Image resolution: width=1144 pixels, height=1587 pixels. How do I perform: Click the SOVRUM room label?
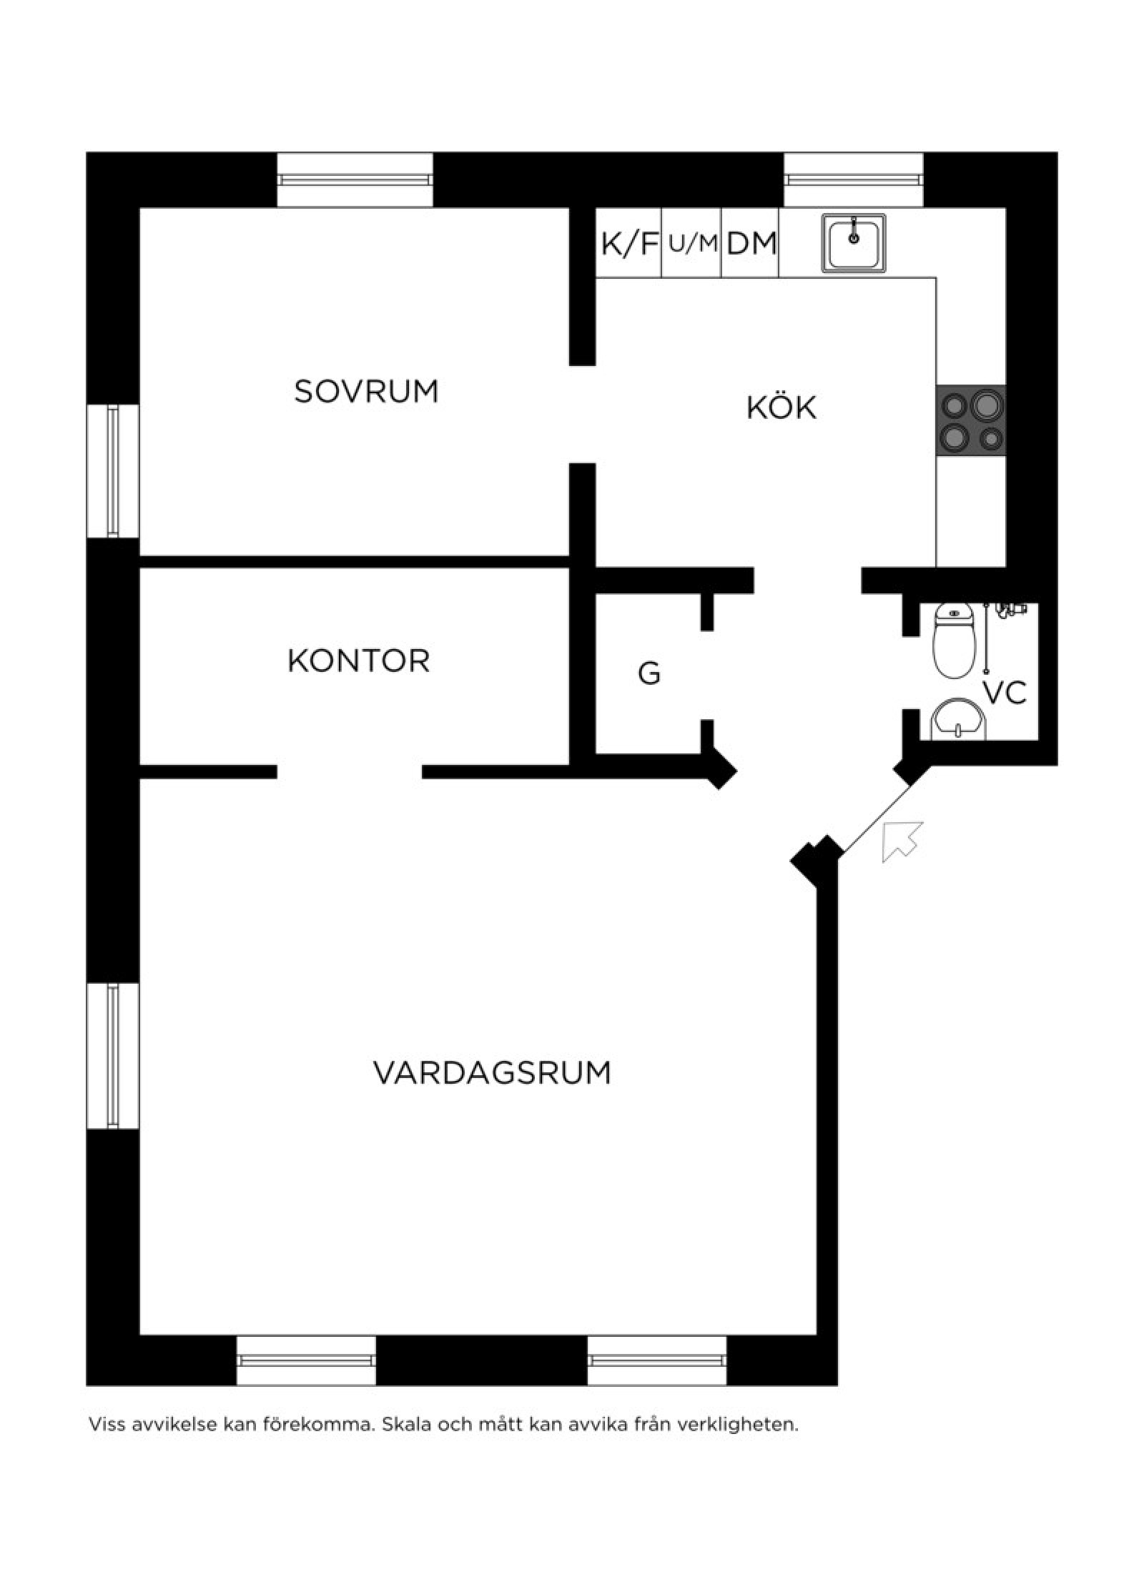366,391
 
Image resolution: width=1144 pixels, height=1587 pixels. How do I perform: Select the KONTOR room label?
358,661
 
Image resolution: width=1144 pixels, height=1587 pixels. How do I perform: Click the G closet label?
649,673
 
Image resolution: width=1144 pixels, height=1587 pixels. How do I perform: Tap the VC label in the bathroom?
1005,693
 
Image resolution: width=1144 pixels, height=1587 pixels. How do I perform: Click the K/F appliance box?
628,243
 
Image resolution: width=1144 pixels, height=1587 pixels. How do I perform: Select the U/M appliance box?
692,243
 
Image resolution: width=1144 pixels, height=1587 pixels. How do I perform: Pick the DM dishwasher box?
751,243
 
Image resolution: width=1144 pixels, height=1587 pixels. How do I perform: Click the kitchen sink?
854,242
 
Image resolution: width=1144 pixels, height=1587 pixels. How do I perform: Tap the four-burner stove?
971,420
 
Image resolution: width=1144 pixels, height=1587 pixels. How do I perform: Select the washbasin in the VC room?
957,718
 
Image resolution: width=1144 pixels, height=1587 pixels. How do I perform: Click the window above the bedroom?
355,179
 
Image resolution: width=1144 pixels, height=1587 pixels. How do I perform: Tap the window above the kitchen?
854,179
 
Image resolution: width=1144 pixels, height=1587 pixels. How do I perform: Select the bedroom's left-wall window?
113,471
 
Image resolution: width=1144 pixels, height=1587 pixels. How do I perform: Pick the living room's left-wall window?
113,1056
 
